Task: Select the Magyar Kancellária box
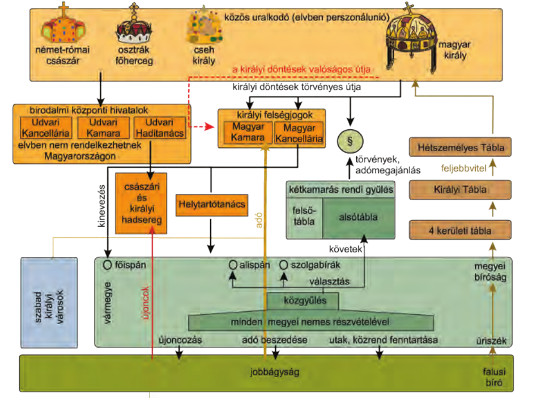[x=299, y=133]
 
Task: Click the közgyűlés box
[x=303, y=300]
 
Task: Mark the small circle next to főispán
[x=107, y=264]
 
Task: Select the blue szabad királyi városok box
[x=49, y=302]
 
